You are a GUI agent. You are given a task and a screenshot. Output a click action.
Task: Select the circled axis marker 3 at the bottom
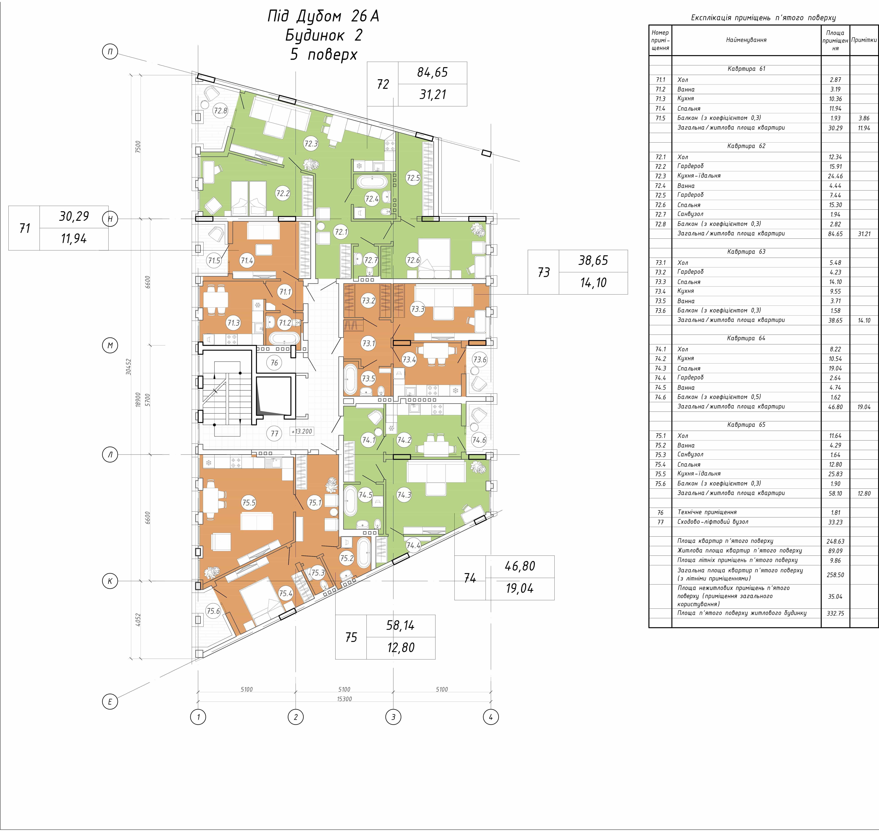coord(393,717)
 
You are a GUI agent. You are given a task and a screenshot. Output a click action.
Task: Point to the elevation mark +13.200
coord(302,431)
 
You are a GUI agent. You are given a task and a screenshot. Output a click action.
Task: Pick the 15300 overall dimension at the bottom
coord(344,699)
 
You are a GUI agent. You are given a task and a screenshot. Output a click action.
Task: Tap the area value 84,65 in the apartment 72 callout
coord(432,72)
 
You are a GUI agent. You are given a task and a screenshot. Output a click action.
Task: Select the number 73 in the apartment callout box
coord(544,272)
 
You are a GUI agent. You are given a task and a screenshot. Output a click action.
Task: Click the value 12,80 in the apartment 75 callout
coord(401,648)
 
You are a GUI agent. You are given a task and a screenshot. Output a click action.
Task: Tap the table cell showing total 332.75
coord(835,613)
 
